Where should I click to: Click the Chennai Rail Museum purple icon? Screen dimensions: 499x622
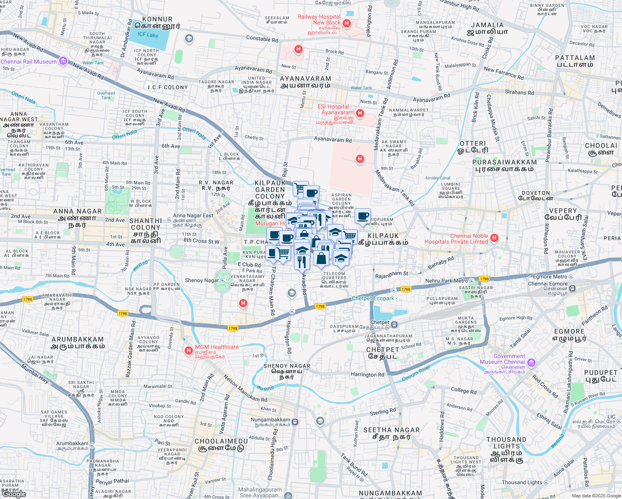pos(63,61)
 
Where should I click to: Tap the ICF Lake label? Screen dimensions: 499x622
pos(148,35)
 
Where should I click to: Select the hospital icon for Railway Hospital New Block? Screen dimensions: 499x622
pos(347,23)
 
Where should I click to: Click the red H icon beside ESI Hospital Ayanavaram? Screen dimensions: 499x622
pos(360,113)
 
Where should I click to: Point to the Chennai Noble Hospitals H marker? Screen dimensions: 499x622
pos(494,238)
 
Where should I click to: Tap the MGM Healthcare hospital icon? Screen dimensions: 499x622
pos(189,351)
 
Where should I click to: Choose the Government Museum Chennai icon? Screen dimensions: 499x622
pos(531,363)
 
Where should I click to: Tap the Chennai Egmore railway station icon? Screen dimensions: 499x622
pos(573,288)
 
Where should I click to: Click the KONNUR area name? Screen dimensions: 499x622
pos(157,19)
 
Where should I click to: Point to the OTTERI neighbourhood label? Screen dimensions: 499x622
pos(472,143)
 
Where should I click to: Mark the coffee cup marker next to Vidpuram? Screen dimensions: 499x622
pos(363,216)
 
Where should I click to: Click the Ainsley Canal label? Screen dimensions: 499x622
pos(438,178)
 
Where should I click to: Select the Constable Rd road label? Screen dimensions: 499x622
pos(262,39)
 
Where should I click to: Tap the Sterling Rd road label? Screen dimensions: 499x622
pos(383,412)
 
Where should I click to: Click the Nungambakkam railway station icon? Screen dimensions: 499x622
pos(295,422)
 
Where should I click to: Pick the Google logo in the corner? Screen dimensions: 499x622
pos(13,494)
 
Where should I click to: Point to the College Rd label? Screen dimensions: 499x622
pos(464,390)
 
